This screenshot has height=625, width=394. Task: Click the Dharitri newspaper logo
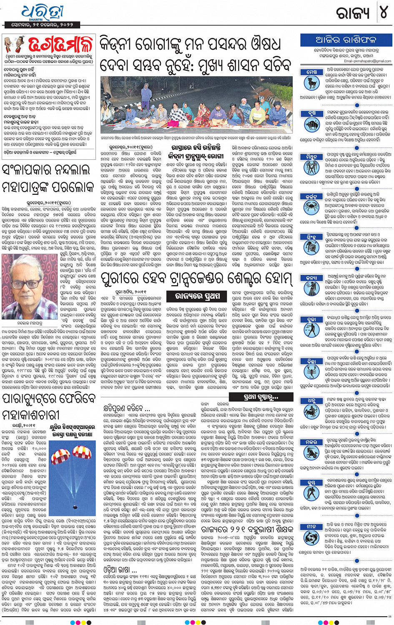42,13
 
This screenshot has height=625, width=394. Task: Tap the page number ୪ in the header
383,13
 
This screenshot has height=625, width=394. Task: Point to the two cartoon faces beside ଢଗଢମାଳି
14,45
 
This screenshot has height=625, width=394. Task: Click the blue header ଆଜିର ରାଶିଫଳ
346,40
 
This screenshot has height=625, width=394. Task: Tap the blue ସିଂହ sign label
311,237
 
